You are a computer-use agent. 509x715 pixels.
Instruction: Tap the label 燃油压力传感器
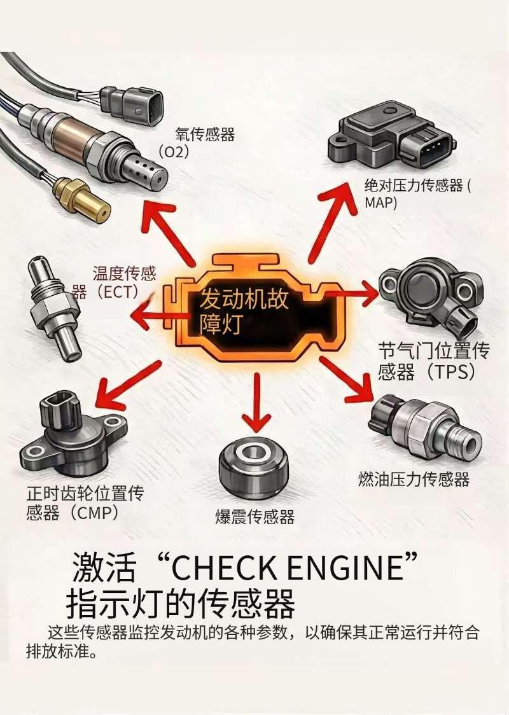pyautogui.click(x=414, y=479)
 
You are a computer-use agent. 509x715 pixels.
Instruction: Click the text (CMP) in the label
pyautogui.click(x=95, y=513)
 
